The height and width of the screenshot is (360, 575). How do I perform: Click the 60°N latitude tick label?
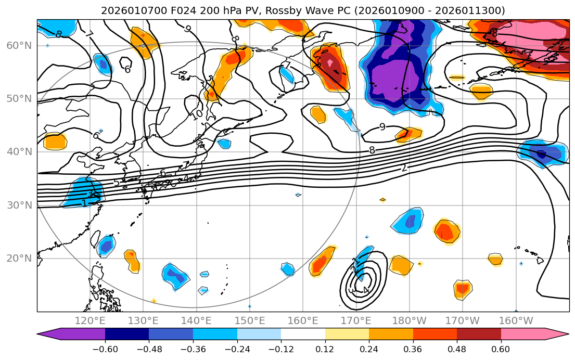point(19,46)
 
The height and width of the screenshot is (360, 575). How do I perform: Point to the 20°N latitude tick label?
point(19,259)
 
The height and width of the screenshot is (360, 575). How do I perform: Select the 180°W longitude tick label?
point(409,320)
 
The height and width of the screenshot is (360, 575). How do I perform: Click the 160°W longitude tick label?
point(516,320)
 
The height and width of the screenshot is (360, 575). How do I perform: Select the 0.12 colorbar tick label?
point(325,349)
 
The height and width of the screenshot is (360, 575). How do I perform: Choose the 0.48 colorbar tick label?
point(457,349)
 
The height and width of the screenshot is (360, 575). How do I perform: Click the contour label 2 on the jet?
point(404,168)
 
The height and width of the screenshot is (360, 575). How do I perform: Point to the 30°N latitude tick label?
point(19,205)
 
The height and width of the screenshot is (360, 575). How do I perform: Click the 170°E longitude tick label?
point(356,320)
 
